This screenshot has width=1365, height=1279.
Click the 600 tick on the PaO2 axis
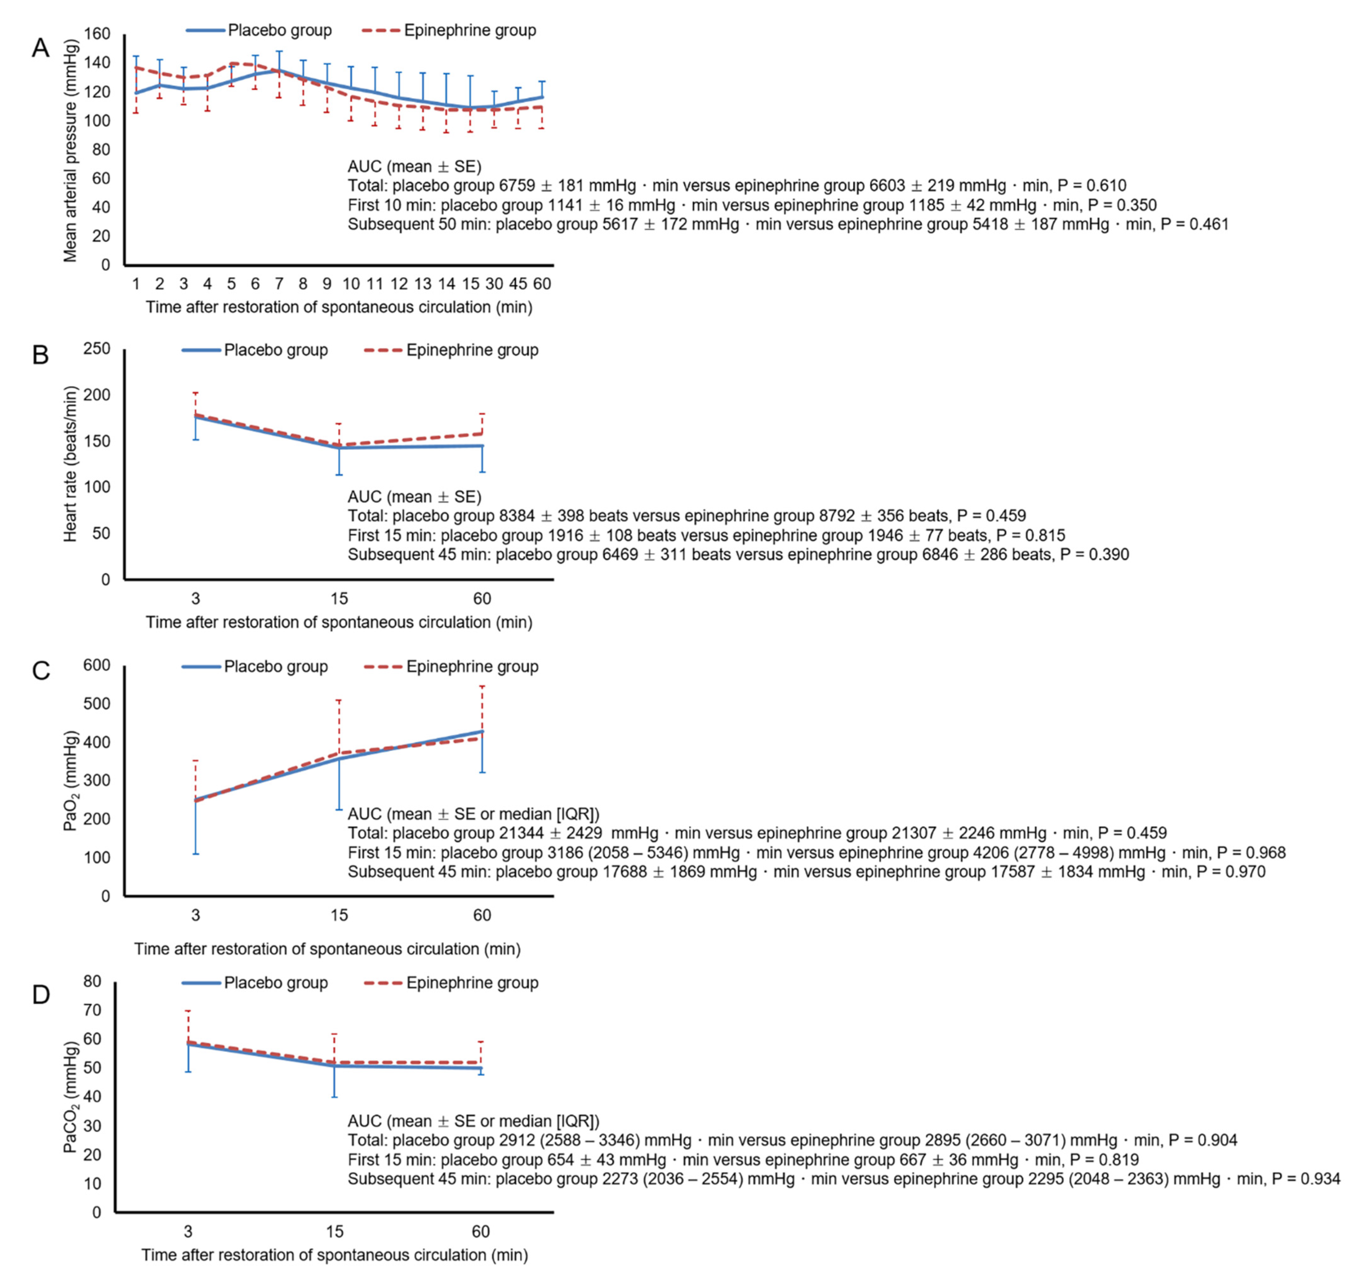(97, 665)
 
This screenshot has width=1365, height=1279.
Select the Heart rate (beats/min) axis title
(71, 464)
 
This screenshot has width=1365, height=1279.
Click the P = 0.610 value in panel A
(1092, 186)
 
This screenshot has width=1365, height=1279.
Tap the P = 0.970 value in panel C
(1231, 872)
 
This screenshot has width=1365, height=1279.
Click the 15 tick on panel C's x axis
(339, 915)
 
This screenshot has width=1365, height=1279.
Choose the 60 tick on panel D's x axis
(481, 1232)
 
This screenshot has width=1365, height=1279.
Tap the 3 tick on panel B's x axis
(196, 599)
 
